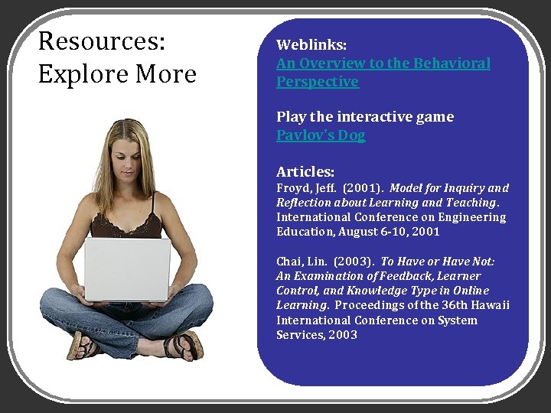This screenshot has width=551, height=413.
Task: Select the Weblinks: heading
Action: (x=311, y=45)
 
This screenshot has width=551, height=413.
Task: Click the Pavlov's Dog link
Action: (x=321, y=135)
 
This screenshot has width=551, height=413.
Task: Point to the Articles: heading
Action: (x=305, y=171)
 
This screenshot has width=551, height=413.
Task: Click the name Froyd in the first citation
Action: (x=293, y=188)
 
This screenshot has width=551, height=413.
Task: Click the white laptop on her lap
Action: (x=126, y=269)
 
